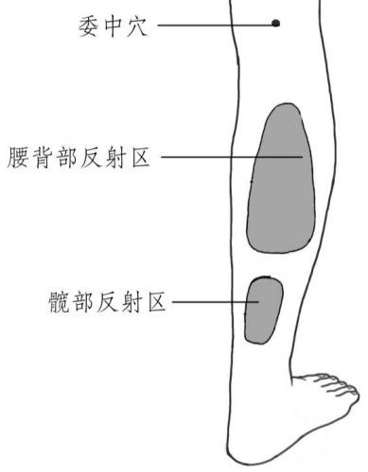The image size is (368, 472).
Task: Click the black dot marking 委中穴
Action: point(275,23)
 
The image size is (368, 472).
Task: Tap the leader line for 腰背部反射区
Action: point(227,156)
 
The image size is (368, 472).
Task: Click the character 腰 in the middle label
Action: point(18,156)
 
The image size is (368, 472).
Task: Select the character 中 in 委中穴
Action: point(114,23)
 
